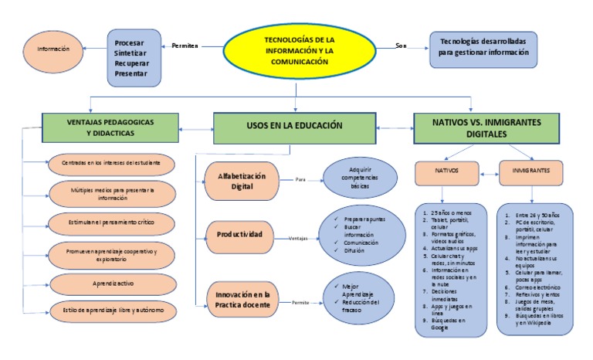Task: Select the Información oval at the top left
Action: (53, 49)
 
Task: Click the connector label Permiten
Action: (185, 46)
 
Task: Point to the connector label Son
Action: (401, 46)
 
